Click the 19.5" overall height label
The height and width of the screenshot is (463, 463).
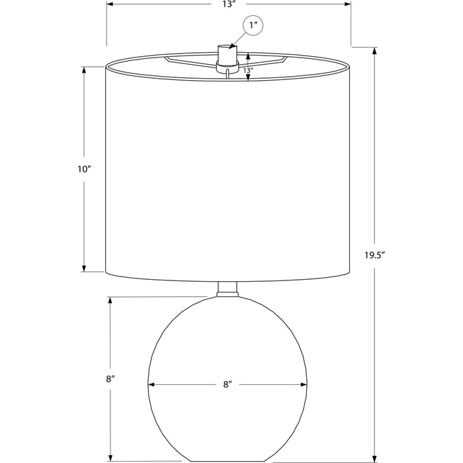(375, 255)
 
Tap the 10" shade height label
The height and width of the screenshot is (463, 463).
(84, 169)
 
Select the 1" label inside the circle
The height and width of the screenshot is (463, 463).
(252, 25)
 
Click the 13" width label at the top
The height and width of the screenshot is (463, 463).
(229, 5)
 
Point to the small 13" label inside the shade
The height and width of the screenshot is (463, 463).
(248, 71)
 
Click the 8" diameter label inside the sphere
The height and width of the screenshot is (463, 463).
(227, 384)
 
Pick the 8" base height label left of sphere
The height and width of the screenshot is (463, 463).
(110, 379)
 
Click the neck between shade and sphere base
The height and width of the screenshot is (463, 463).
(227, 289)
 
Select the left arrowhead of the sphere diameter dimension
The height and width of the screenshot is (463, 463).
(151, 384)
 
